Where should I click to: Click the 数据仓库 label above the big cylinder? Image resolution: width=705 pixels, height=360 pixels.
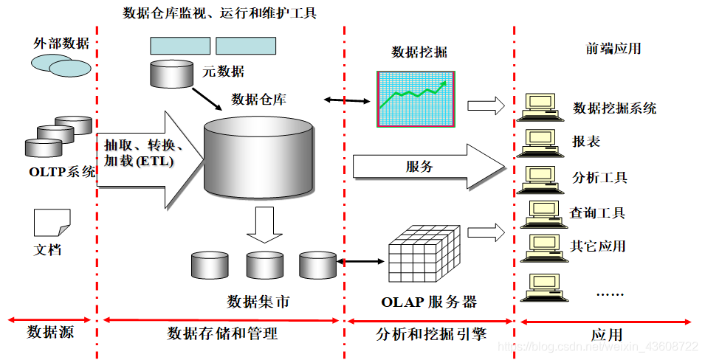pyautogui.click(x=259, y=99)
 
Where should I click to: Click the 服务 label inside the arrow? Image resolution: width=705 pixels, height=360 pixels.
pyautogui.click(x=419, y=166)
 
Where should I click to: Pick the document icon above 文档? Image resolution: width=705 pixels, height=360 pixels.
pyautogui.click(x=52, y=221)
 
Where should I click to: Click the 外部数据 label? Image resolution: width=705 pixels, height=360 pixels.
pyautogui.click(x=61, y=43)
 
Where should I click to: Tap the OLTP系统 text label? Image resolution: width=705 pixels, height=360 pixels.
pyautogui.click(x=63, y=173)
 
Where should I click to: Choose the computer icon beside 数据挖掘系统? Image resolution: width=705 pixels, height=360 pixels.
pyautogui.click(x=540, y=107)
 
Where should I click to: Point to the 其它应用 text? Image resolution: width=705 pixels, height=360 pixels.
pyautogui.click(x=598, y=246)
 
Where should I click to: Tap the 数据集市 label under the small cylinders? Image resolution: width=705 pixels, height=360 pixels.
pyautogui.click(x=258, y=302)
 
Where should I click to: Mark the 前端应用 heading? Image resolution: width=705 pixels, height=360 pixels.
pyautogui.click(x=613, y=49)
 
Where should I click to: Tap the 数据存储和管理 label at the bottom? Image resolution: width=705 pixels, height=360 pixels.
pyautogui.click(x=222, y=333)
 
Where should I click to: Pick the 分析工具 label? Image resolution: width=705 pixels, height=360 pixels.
pyautogui.click(x=599, y=178)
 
